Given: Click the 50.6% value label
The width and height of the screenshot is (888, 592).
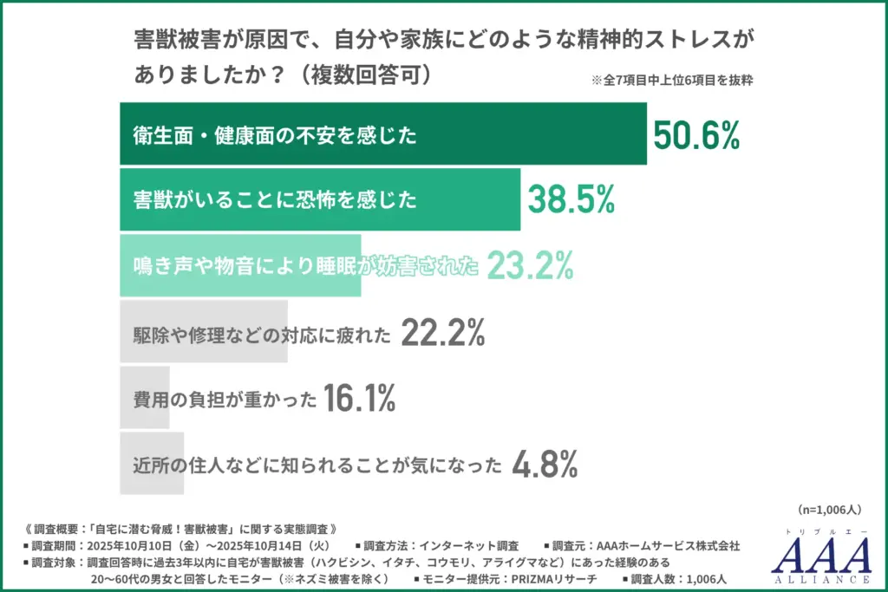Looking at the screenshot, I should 695,134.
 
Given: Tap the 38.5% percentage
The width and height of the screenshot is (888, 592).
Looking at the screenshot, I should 571,200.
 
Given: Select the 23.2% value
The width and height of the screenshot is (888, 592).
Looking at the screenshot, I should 530,266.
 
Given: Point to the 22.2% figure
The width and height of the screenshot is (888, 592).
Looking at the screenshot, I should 442,333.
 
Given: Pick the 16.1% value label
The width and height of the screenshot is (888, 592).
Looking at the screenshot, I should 360,399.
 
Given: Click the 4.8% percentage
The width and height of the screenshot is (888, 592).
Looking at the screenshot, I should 545,465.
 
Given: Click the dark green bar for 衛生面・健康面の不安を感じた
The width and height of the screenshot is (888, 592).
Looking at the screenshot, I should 382,134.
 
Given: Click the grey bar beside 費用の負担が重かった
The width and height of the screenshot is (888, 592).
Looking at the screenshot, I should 139,399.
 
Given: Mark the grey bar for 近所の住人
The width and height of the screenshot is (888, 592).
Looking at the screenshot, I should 152,465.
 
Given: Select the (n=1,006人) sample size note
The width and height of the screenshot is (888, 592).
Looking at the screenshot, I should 829,511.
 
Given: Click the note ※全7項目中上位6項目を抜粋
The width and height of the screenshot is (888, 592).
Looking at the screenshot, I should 671,81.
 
